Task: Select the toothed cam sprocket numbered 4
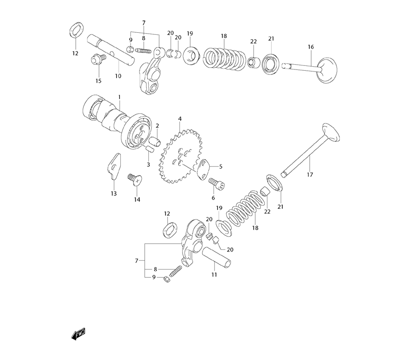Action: pyautogui.click(x=180, y=156)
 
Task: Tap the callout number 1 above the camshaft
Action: pyautogui.click(x=119, y=97)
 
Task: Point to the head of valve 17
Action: pyautogui.click(x=331, y=132)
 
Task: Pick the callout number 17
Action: pyautogui.click(x=310, y=175)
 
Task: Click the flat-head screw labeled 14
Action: pyautogui.click(x=134, y=180)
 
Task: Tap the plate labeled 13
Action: pyautogui.click(x=114, y=166)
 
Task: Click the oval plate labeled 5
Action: pyautogui.click(x=203, y=169)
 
